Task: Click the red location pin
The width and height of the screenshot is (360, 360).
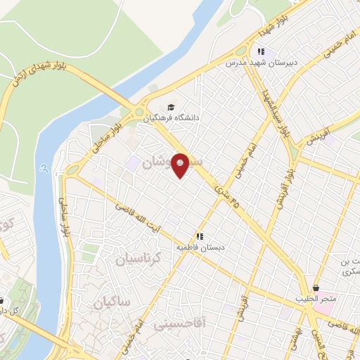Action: pyautogui.click(x=181, y=165)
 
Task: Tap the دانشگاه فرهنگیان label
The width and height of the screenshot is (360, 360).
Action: pyautogui.click(x=172, y=119)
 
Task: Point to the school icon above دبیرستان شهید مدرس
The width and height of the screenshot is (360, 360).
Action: pyautogui.click(x=261, y=51)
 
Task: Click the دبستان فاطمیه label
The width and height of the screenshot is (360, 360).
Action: pyautogui.click(x=200, y=247)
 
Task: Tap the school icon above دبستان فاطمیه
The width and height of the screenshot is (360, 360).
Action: pyautogui.click(x=200, y=237)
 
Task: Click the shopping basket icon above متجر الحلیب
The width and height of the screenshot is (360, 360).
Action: pyautogui.click(x=317, y=288)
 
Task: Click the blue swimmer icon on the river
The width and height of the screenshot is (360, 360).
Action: pyautogui.click(x=45, y=169)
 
